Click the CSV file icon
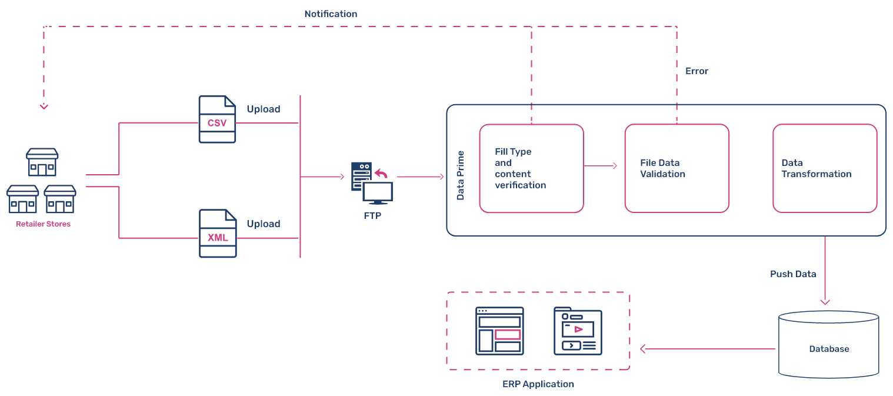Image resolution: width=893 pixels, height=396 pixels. click(217, 119)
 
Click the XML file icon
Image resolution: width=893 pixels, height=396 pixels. click(217, 234)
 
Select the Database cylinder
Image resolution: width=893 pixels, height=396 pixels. click(829, 344)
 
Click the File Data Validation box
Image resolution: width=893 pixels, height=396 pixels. click(677, 168)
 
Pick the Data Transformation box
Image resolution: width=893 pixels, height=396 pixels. click(824, 168)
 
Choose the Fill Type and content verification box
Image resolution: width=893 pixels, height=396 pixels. click(531, 168)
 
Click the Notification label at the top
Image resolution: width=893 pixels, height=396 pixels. click(331, 14)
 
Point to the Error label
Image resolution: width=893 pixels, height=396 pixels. click(697, 71)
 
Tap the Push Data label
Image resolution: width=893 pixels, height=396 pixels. click(793, 274)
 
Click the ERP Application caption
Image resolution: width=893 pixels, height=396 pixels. click(538, 384)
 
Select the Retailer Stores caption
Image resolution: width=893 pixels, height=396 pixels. click(44, 224)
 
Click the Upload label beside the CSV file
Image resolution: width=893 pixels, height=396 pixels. click(264, 109)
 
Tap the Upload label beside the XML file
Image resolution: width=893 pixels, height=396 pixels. click(264, 224)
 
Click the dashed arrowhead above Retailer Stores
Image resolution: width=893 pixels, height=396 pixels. click(44, 106)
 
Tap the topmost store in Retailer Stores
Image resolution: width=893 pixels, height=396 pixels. click(42, 162)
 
